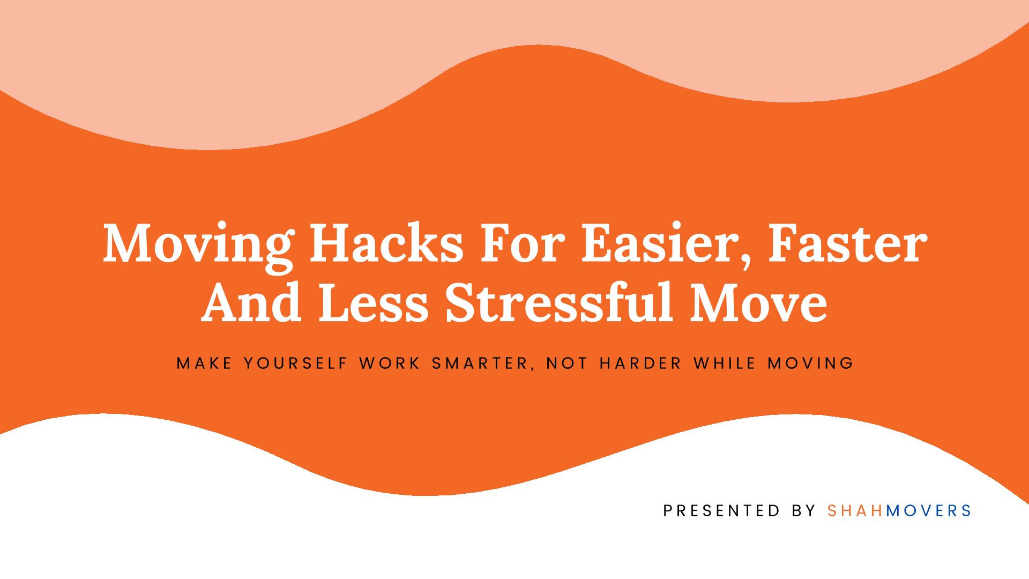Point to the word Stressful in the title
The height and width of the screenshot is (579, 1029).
pyautogui.click(x=559, y=302)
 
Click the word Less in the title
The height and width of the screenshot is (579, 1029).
pyautogui.click(x=374, y=303)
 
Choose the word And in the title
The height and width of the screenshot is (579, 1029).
pyautogui.click(x=251, y=303)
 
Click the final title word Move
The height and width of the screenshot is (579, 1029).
pyautogui.click(x=758, y=303)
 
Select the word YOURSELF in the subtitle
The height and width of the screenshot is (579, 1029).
pyautogui.click(x=296, y=363)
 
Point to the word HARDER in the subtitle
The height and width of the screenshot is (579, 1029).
pyautogui.click(x=640, y=363)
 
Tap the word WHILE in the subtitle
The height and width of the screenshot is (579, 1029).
pyautogui.click(x=725, y=363)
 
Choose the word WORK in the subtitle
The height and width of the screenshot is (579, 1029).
pyautogui.click(x=390, y=363)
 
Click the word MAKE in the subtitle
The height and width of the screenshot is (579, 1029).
pyautogui.click(x=204, y=363)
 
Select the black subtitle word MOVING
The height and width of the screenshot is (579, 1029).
pyautogui.click(x=810, y=363)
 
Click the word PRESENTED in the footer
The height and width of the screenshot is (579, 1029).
pyautogui.click(x=721, y=511)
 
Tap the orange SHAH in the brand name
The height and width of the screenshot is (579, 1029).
pyautogui.click(x=855, y=511)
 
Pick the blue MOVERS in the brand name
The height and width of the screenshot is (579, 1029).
pyautogui.click(x=928, y=511)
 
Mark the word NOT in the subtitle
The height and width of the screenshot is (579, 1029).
pyautogui.click(x=567, y=363)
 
